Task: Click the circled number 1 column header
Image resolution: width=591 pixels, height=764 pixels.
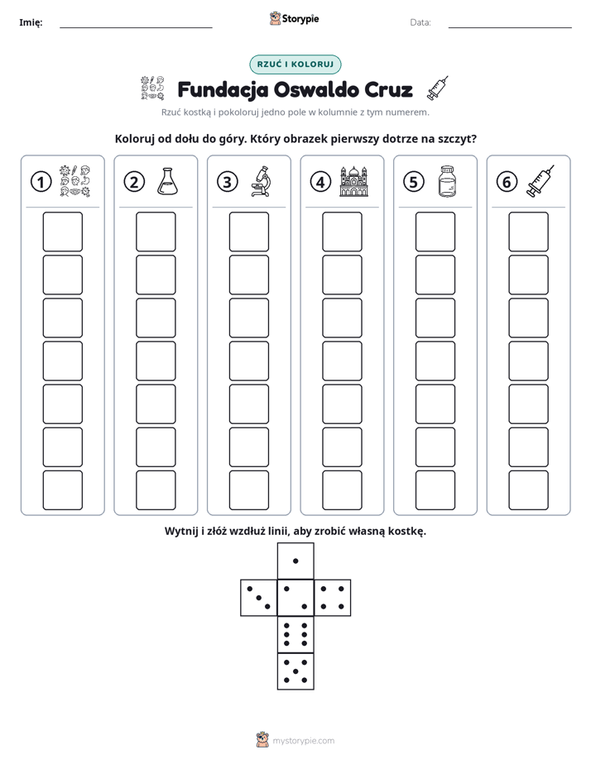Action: [41, 182]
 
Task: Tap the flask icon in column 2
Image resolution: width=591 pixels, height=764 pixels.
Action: [167, 182]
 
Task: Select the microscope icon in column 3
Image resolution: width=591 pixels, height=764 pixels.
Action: [261, 181]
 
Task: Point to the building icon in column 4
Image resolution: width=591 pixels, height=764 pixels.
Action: [353, 181]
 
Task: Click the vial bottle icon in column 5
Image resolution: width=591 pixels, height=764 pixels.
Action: [447, 181]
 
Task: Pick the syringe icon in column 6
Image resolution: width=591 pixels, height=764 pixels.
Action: [541, 181]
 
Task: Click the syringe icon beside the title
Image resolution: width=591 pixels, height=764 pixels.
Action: [437, 88]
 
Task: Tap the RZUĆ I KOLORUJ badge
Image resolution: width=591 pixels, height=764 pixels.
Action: [295, 64]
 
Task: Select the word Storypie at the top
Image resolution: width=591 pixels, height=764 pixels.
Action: [300, 19]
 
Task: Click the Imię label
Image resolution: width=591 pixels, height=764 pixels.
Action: [31, 22]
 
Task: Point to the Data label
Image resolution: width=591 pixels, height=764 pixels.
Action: [420, 22]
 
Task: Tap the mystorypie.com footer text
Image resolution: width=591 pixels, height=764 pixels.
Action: [303, 741]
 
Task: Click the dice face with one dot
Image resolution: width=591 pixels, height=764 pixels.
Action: [295, 561]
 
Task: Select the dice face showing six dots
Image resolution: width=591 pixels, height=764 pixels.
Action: [295, 634]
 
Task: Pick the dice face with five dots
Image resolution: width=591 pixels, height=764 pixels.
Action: [295, 671]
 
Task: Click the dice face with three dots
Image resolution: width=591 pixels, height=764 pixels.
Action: [259, 598]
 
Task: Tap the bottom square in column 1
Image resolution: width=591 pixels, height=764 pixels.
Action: [62, 490]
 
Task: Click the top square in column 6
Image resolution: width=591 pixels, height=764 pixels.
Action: [529, 232]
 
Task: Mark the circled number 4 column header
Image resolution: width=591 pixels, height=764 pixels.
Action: [320, 182]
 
